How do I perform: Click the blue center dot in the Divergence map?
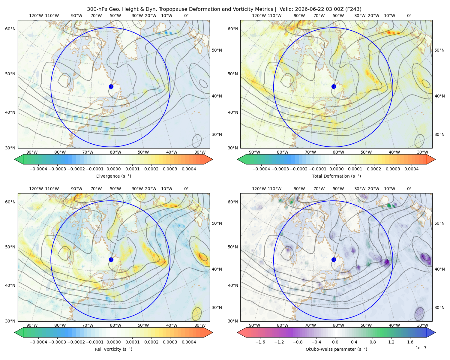[111, 86]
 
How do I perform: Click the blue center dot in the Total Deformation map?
[334, 86]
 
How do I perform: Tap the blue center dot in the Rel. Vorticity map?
[111, 259]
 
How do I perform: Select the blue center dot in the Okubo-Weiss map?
[334, 259]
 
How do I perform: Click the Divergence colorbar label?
[113, 176]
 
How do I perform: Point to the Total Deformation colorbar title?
[336, 176]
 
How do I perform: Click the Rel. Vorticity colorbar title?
[113, 349]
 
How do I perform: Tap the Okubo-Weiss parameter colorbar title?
[336, 349]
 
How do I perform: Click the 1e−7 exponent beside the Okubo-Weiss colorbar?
[421, 348]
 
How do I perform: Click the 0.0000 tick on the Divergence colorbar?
[113, 169]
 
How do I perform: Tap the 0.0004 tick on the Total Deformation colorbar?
[411, 169]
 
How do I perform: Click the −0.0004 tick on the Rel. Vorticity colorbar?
[38, 342]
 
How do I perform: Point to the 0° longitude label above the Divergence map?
[186, 16]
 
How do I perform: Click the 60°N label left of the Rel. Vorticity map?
[10, 202]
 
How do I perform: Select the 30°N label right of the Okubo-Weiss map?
[439, 307]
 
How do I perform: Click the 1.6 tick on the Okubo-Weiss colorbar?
[410, 342]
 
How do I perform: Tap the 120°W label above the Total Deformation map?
[259, 16]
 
